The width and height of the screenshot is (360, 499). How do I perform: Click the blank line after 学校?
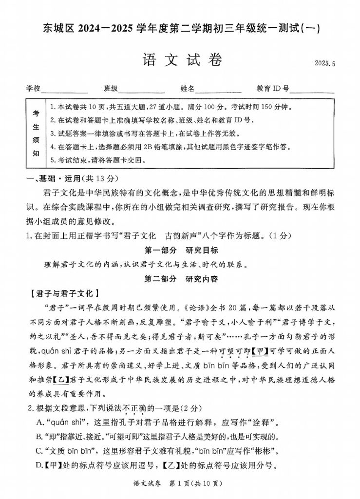point(64,90)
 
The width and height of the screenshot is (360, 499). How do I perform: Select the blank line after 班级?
point(141,90)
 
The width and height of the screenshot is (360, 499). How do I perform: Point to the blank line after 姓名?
point(218,90)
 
